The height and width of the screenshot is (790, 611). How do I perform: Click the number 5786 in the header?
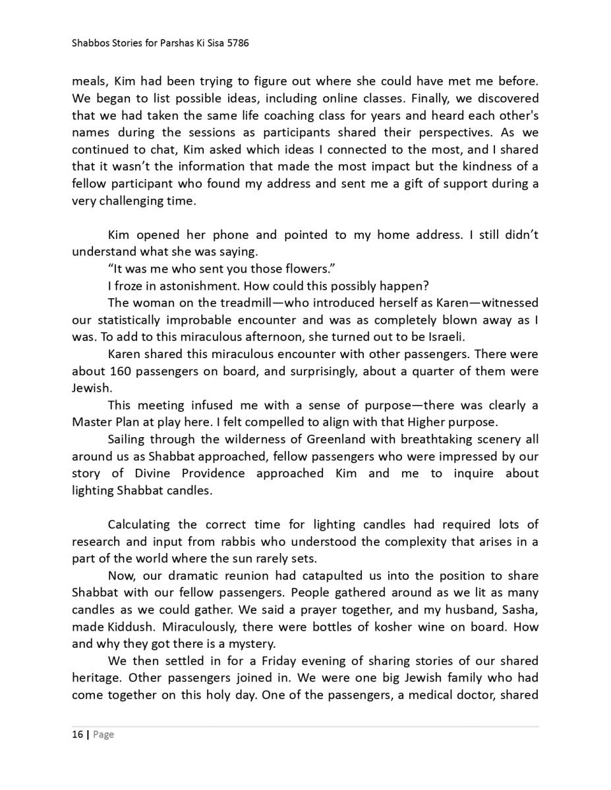click(237, 43)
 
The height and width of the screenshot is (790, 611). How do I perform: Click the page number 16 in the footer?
click(77, 735)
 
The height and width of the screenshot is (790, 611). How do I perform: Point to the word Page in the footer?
click(103, 735)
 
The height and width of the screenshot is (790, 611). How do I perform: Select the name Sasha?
click(519, 610)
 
